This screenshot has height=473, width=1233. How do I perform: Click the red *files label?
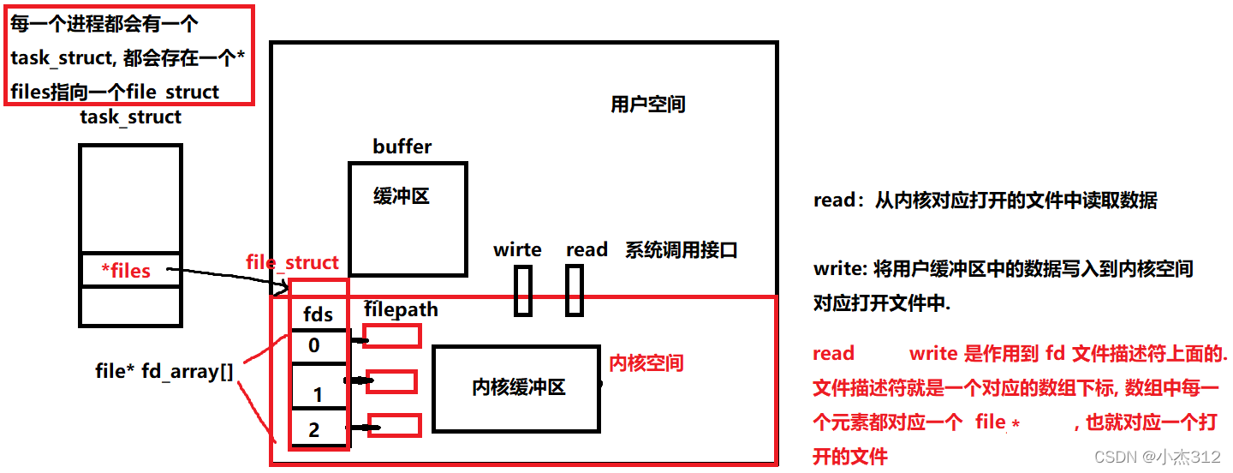point(126,271)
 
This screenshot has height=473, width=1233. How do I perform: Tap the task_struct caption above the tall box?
point(130,117)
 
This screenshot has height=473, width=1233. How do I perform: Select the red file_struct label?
point(292,262)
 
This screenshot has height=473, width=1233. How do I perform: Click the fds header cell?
point(319,314)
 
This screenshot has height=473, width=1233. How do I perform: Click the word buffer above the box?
point(402,147)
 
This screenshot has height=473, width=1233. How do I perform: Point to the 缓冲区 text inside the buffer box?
point(401,196)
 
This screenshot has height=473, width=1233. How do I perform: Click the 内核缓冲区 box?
point(516,388)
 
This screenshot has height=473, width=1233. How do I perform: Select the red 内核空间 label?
point(646,363)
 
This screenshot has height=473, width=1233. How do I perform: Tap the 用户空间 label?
point(647,105)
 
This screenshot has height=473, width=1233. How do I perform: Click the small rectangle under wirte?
point(522,290)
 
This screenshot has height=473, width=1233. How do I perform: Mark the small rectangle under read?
point(575,290)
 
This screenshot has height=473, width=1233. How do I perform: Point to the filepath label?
point(401,308)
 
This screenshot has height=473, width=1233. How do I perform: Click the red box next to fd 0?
point(392,337)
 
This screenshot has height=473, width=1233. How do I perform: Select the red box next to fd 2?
point(395,425)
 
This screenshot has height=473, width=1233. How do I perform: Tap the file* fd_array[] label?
point(164,372)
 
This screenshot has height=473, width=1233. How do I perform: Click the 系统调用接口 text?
point(681,250)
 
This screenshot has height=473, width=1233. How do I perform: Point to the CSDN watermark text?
point(1157,457)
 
